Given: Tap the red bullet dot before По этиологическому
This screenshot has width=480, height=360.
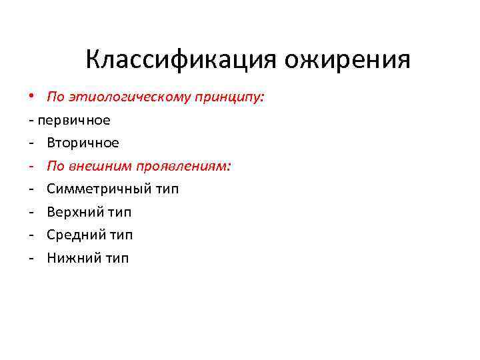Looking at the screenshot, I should [31, 97].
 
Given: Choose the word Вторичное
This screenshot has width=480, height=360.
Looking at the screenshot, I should [83, 143].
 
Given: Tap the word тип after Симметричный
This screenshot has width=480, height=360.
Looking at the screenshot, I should [167, 189].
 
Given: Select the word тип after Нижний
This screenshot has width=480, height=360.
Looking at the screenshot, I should [117, 258].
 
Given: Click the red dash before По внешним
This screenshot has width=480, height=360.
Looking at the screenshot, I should [31, 166].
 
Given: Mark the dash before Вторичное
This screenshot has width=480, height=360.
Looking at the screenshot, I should [31, 143].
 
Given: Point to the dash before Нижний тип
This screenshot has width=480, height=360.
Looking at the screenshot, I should [31, 258].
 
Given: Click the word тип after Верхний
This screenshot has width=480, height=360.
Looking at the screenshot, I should [120, 212].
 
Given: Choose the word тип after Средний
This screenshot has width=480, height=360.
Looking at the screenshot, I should [121, 235].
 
